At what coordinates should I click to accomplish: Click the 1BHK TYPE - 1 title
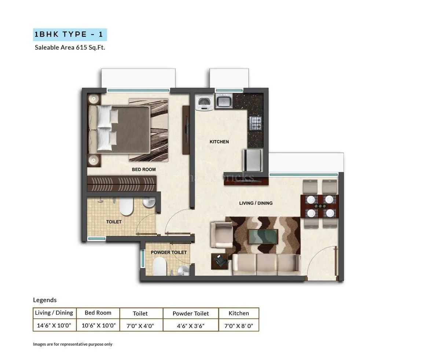coord(70,34)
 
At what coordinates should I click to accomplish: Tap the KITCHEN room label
coord(219,142)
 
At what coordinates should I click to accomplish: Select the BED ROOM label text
coord(144,169)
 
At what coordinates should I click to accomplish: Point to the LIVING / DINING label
coord(256,203)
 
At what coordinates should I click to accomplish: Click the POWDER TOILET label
coord(169,252)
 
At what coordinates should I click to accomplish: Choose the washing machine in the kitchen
coord(205,102)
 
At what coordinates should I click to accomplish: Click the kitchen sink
coord(223,101)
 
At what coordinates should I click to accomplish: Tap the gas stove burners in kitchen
coord(256,123)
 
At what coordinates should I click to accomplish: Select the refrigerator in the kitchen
coord(252,160)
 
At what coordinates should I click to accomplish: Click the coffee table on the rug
coord(263,236)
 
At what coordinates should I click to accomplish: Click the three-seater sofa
coord(266,265)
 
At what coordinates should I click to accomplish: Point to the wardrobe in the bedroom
coord(122,183)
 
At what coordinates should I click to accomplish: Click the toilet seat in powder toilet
coord(159,265)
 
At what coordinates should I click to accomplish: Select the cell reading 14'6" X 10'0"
coord(54,325)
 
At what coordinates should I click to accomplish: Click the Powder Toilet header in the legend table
coord(191,313)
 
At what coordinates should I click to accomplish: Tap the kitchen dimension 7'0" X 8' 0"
coord(239,325)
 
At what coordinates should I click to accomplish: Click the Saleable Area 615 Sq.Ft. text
coord(70,47)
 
